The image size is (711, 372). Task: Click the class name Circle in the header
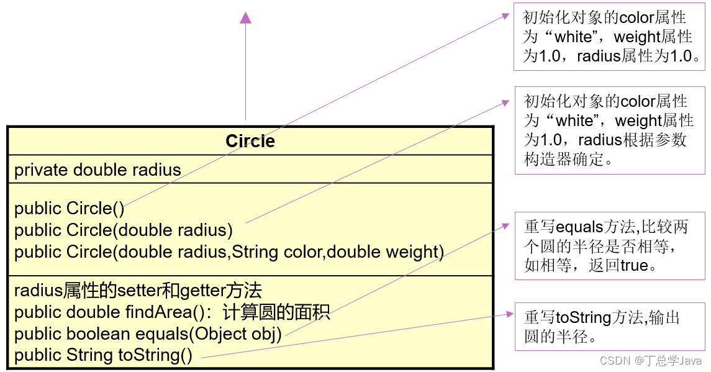point(250,141)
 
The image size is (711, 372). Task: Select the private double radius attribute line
point(97,170)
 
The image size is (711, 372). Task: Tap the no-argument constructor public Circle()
point(70,209)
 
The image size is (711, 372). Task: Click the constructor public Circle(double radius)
point(124,230)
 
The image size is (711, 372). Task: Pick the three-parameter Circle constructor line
point(229,252)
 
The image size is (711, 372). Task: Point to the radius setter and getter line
point(138,290)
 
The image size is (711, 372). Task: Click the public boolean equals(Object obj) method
point(148,334)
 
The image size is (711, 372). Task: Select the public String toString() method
point(103,355)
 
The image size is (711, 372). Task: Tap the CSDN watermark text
point(652,360)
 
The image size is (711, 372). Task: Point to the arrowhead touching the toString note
point(509,314)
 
